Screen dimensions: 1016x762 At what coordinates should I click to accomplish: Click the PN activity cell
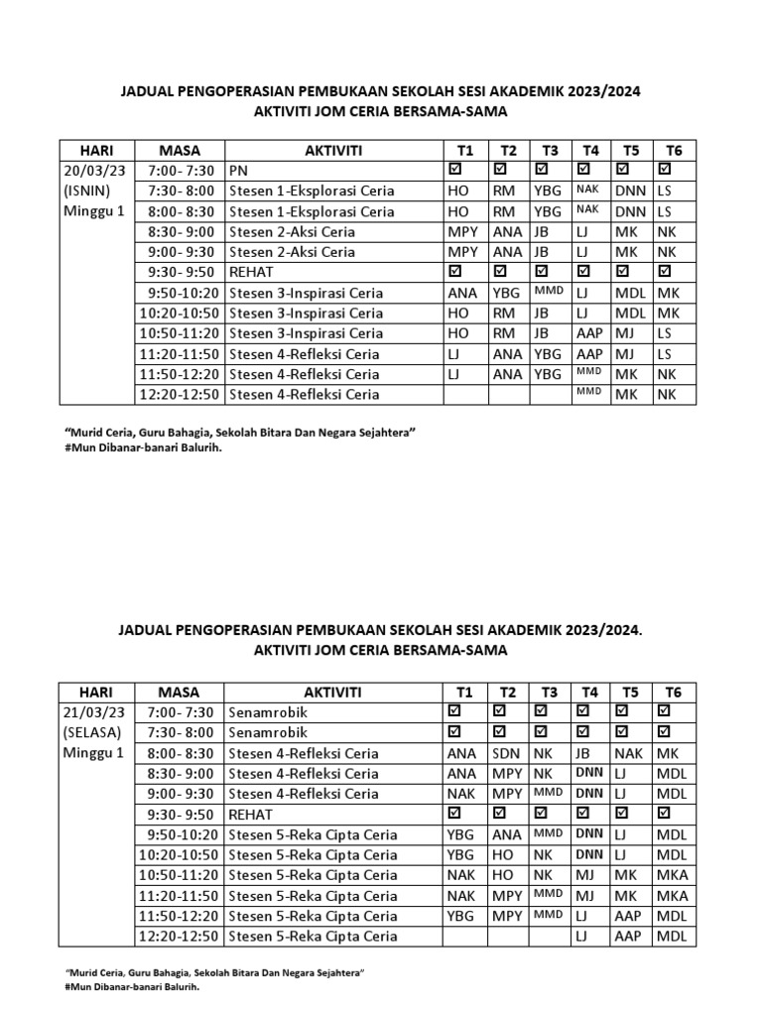(239, 171)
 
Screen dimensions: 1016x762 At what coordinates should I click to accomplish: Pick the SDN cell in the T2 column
(506, 753)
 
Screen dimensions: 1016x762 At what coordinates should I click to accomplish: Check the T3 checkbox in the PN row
(542, 171)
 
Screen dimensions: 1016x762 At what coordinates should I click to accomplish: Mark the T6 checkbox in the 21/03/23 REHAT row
(665, 814)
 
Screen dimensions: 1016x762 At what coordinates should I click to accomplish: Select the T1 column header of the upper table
(466, 150)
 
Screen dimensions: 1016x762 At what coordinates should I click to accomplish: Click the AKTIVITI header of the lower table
(332, 692)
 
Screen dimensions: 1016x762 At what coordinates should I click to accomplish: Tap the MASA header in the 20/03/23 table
(179, 150)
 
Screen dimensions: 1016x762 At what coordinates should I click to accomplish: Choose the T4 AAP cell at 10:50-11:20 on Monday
(589, 333)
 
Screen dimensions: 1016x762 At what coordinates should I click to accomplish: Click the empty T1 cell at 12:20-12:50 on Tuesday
(465, 936)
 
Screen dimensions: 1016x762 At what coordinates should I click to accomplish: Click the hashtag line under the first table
(143, 447)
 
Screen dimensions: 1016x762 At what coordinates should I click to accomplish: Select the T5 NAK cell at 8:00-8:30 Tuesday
(629, 753)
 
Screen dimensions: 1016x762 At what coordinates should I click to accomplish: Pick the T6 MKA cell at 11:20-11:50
(671, 895)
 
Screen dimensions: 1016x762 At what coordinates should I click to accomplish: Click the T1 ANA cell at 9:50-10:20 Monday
(462, 293)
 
